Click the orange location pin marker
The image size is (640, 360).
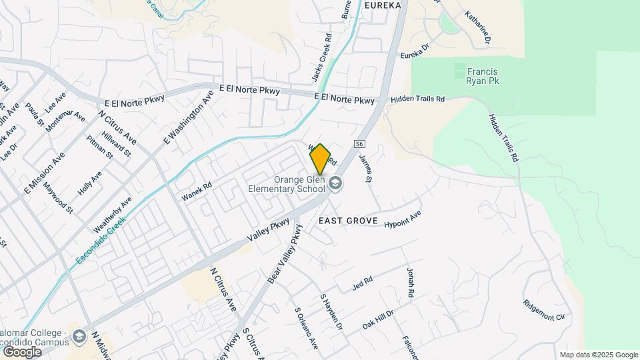(x=320, y=159)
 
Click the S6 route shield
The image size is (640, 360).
(x=359, y=143)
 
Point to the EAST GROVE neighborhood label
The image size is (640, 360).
(x=348, y=221)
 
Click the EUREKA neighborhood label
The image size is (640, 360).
(x=383, y=5)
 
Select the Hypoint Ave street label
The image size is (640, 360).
(x=403, y=220)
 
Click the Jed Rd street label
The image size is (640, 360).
(x=362, y=283)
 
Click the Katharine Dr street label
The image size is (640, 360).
(x=478, y=28)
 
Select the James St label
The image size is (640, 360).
(x=365, y=169)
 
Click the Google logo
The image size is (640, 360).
(x=22, y=351)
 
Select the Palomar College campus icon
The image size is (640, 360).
(x=79, y=335)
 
